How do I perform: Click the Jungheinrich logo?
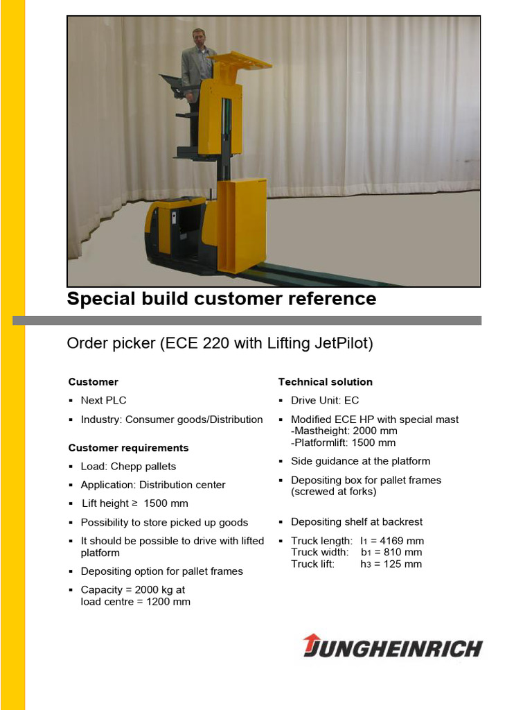[x=393, y=648]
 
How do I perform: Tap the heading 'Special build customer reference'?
[x=222, y=299]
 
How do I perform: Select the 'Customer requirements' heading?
[x=128, y=448]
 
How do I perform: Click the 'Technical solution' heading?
[x=326, y=382]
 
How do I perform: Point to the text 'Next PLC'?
[x=104, y=400]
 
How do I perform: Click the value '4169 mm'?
[x=402, y=541]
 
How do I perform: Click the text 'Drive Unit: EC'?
[x=325, y=400]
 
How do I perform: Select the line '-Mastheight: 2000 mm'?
[x=344, y=431]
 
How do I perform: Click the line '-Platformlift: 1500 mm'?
[x=344, y=442]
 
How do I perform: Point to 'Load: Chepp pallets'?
[x=129, y=467]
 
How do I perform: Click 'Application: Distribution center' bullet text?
[x=153, y=485]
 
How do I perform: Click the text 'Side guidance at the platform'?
[x=360, y=461]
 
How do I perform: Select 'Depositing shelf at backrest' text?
[x=357, y=522]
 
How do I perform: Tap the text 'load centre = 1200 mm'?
[x=136, y=602]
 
